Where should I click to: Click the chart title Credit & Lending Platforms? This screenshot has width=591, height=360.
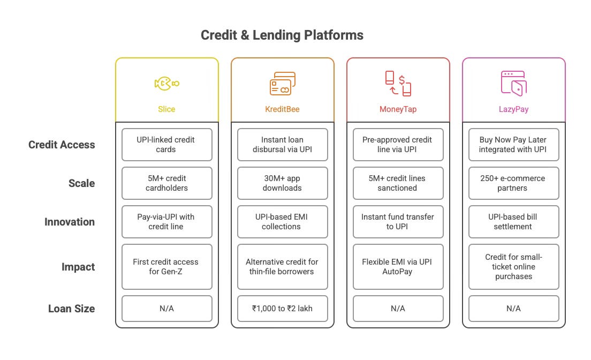282,35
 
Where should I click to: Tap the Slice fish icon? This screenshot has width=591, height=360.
166,84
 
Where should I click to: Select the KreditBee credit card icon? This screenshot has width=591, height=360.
282,84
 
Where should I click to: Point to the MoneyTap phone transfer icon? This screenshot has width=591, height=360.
398,84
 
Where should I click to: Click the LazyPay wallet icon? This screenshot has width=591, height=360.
513,84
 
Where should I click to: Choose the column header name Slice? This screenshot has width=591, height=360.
166,109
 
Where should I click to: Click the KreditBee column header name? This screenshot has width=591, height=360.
282,109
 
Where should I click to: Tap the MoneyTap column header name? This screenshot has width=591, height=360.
398,109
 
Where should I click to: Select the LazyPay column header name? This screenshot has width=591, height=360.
514,109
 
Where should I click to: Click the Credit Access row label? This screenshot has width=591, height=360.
62,145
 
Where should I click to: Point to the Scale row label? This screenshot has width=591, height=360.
82,183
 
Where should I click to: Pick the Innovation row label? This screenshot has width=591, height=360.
70,222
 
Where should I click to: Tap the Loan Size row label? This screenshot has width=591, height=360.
72,309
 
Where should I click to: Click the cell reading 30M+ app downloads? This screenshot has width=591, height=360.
282,183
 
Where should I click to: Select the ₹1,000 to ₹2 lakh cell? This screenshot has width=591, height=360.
282,308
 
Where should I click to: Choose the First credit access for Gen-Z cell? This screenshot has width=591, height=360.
166,267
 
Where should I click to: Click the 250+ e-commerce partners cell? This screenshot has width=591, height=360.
514,183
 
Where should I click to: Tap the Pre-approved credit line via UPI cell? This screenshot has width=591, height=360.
398,145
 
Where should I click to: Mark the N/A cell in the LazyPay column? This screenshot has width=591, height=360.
514,308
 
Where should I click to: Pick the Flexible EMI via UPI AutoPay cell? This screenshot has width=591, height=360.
398,267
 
